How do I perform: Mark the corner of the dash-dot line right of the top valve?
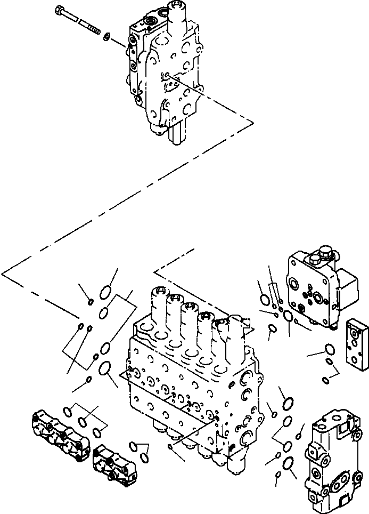coord(253,123)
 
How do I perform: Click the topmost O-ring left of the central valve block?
coord(106,292)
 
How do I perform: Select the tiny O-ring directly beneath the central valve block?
coord(170,446)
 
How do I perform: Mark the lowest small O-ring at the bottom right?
coord(278,474)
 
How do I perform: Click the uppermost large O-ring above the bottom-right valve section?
coord(288,403)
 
